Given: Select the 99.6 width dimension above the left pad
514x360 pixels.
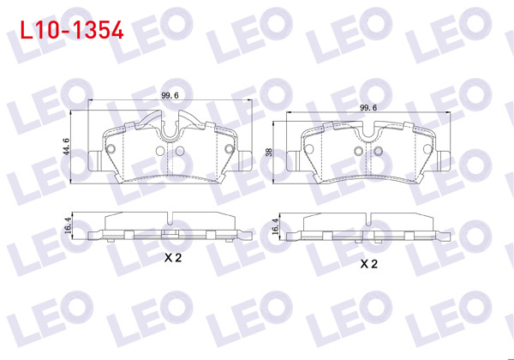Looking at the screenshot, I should pyautogui.click(x=170, y=97).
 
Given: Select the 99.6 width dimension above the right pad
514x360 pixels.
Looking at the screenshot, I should pyautogui.click(x=368, y=107).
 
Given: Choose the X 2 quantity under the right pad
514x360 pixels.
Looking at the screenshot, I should pyautogui.click(x=369, y=264).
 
